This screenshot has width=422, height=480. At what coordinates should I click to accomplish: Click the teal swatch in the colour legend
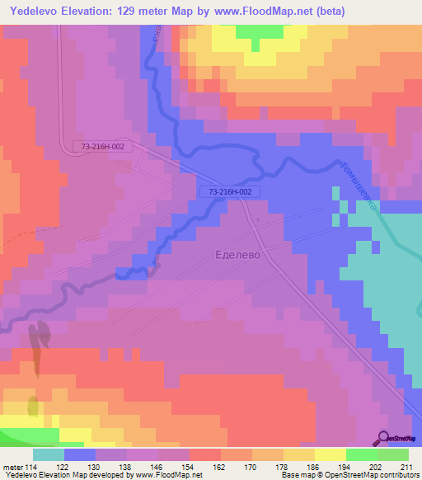49,454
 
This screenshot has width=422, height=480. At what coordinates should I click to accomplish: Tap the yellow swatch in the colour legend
330,454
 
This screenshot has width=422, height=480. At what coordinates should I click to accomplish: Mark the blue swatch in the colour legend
80,454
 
